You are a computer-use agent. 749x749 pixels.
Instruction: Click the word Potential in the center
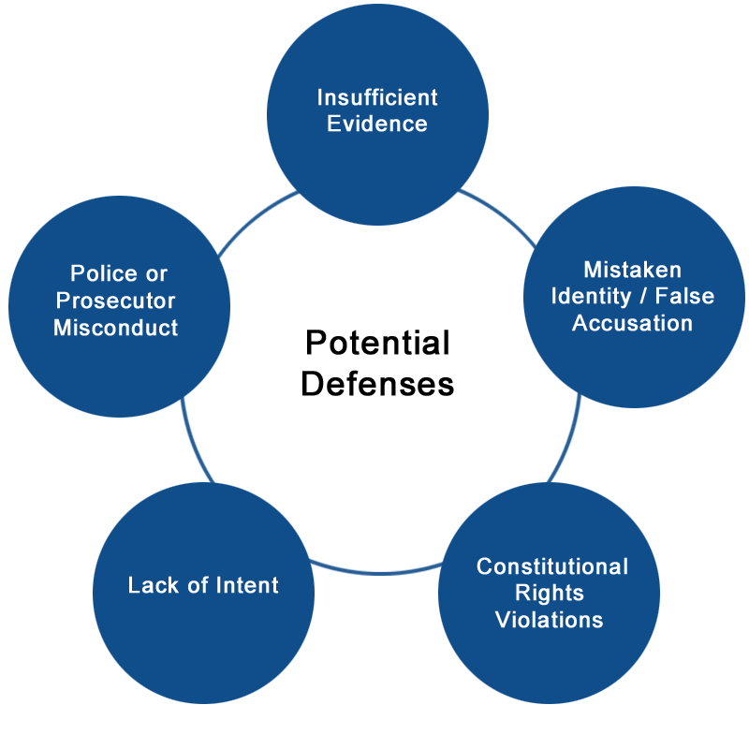[377, 343]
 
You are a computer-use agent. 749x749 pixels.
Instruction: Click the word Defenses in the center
[377, 384]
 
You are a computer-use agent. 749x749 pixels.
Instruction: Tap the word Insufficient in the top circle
[377, 97]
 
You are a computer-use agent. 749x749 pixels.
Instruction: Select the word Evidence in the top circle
[377, 124]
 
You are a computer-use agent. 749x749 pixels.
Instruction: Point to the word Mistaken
[633, 270]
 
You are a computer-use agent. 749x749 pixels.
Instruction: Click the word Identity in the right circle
[592, 297]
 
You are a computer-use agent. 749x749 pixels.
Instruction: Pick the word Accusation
[633, 323]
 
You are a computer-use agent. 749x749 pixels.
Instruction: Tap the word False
[684, 296]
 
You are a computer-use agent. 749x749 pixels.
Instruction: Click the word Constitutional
[552, 567]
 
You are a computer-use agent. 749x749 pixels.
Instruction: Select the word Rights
[550, 594]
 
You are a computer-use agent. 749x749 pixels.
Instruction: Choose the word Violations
[550, 620]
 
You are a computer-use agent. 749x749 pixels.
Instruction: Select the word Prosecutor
[115, 301]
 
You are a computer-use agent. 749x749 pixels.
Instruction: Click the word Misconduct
[115, 328]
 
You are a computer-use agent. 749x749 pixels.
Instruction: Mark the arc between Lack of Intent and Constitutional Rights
[377, 572]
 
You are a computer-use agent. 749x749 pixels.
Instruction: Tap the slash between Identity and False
[643, 296]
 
